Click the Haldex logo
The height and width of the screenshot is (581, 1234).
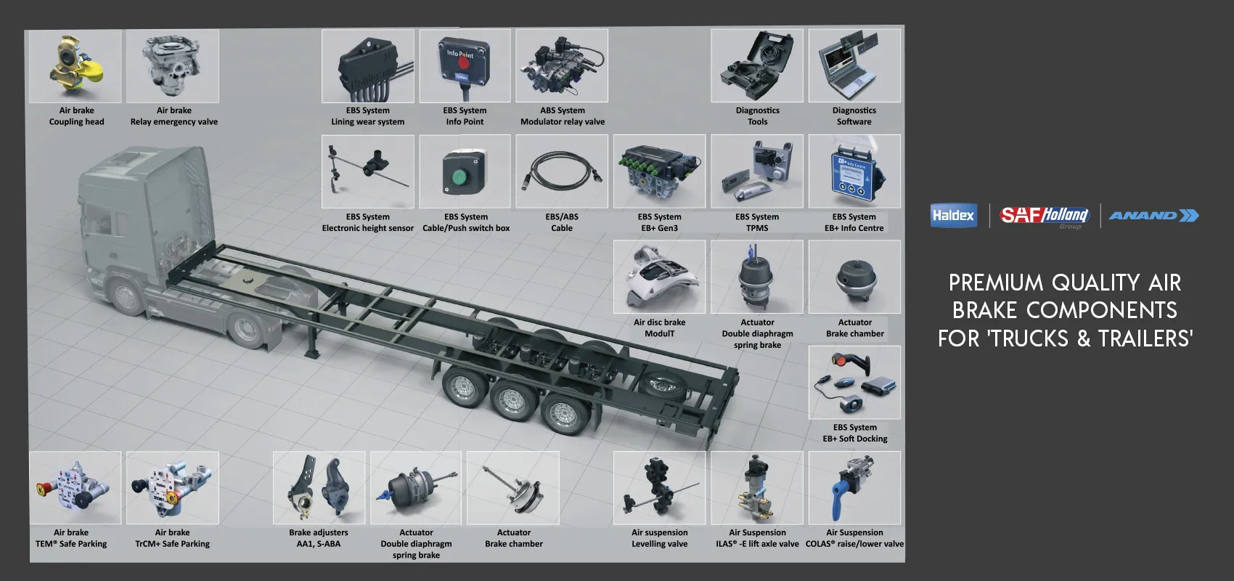[954, 216]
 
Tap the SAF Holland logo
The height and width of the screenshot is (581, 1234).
[1044, 216]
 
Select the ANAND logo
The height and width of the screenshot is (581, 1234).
[1153, 216]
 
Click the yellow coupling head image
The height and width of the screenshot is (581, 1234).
[75, 66]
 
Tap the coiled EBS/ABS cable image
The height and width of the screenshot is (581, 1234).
[562, 171]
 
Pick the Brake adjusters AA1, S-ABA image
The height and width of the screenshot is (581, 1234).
[319, 488]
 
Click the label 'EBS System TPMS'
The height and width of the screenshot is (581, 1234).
[757, 222]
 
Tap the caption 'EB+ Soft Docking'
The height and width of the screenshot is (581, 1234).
[855, 439]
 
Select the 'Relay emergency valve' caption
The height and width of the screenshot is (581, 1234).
[174, 122]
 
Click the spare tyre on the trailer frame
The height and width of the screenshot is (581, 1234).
[666, 385]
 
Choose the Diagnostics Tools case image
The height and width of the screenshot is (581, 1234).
[757, 65]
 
